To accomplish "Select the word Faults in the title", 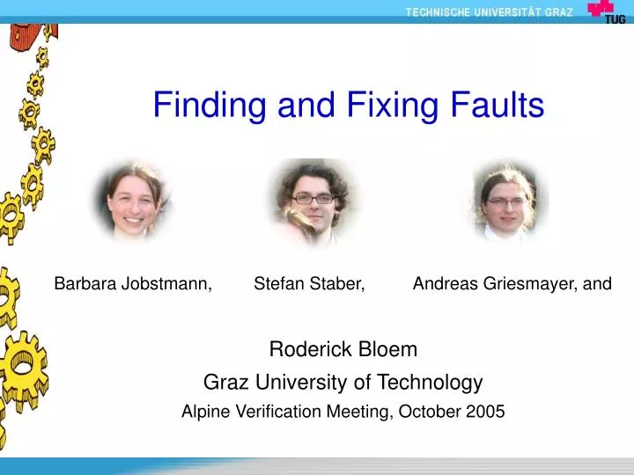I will [494, 106].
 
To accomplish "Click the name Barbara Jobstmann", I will [133, 283].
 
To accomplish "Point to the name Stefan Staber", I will [310, 283].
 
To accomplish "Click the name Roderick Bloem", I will [343, 350].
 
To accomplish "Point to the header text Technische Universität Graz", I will [489, 11].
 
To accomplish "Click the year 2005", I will [487, 411].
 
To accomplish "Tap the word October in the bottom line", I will [431, 411].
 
